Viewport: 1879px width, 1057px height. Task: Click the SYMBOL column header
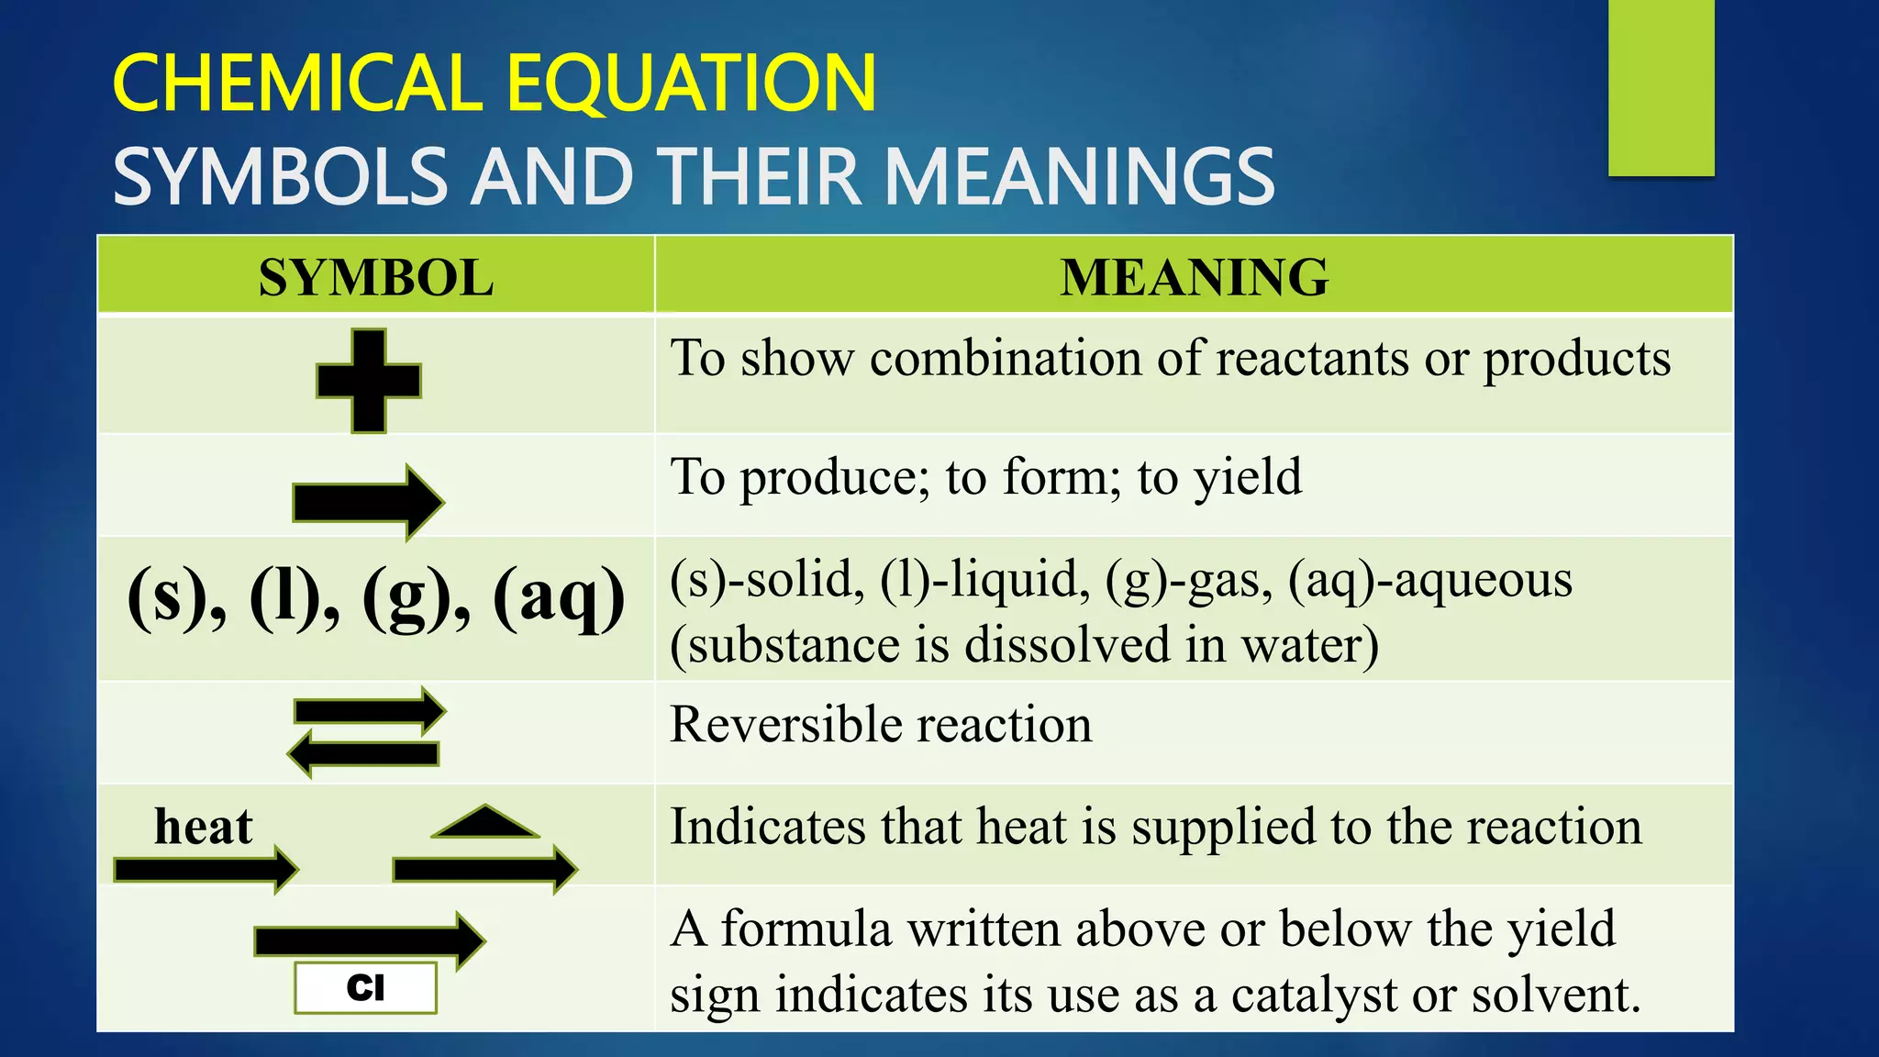(x=375, y=278)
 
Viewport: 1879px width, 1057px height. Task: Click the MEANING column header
(x=1194, y=277)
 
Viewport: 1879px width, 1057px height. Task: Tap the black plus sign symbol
(x=369, y=381)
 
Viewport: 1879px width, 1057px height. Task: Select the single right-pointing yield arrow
(x=368, y=502)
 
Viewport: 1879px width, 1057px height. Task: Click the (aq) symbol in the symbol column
(x=559, y=598)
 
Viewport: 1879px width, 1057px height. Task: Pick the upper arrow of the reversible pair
(x=370, y=711)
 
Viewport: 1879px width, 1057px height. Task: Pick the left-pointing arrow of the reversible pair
(x=363, y=754)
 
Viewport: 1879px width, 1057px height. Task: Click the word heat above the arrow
(x=203, y=826)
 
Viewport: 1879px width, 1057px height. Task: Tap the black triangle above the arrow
(x=484, y=822)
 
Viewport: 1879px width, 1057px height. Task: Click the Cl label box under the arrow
(x=365, y=988)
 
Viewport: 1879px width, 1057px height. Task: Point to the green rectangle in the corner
(x=1661, y=87)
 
